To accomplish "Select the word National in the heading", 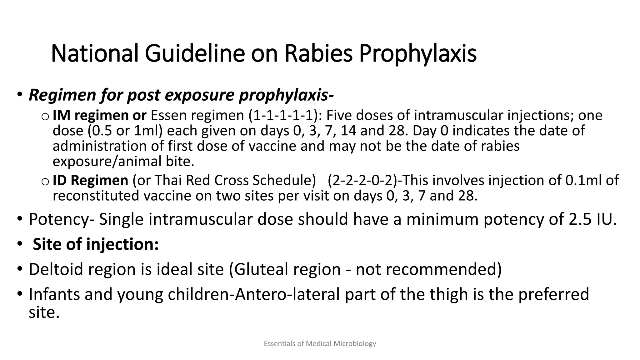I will click(94, 53).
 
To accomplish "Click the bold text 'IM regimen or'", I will click(99, 115).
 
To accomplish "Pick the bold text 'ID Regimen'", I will click(90, 180).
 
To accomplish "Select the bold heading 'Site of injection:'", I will click(96, 244).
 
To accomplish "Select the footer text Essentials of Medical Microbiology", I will click(320, 344).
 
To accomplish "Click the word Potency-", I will click(61, 219).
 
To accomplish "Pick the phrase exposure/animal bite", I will click(123, 162).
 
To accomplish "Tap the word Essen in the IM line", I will click(169, 115).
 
